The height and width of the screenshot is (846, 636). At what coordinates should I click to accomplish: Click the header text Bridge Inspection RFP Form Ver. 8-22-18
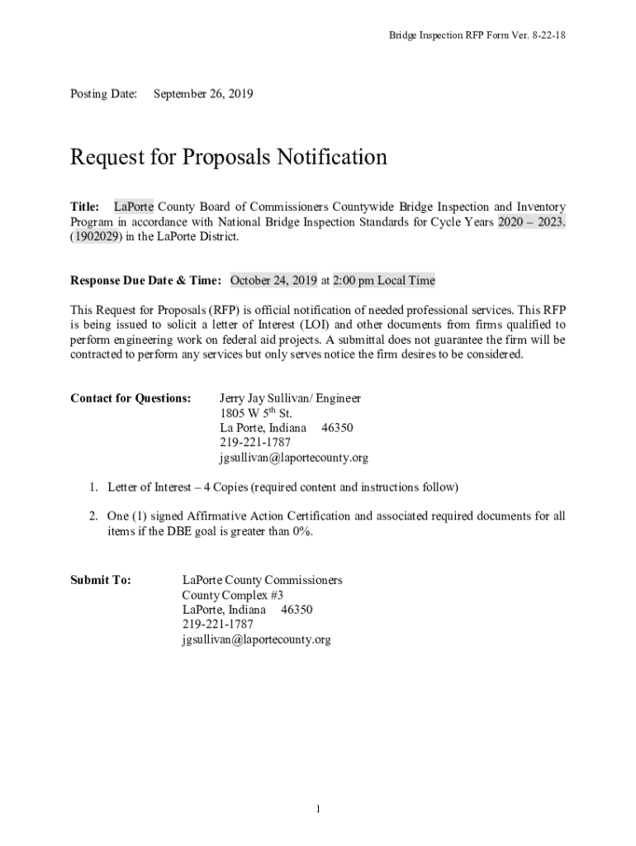coord(477,36)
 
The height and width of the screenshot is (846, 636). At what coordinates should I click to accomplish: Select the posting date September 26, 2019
coord(203,94)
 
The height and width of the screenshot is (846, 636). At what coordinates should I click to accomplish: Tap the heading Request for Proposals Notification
coord(229,157)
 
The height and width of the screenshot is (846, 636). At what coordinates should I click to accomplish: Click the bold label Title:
coord(85,207)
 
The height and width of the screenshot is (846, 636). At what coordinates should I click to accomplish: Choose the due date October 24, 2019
coord(273,280)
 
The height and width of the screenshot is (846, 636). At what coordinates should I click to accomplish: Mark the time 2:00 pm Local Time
coord(383,280)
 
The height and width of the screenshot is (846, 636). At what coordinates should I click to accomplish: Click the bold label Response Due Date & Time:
coord(145,280)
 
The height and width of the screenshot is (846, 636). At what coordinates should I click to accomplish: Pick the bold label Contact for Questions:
coord(131,398)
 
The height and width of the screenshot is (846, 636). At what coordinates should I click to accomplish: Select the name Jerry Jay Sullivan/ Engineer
coord(290,398)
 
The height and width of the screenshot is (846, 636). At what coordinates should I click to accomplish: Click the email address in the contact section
coord(293,458)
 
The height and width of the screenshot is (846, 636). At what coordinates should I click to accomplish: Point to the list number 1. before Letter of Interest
coord(94,487)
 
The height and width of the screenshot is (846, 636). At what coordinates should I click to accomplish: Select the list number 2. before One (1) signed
coord(94,516)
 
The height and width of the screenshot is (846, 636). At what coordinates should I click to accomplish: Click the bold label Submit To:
coord(101,580)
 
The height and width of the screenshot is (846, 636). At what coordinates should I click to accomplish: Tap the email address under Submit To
coord(256,639)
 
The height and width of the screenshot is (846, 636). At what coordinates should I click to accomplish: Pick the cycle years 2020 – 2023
coord(531,221)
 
